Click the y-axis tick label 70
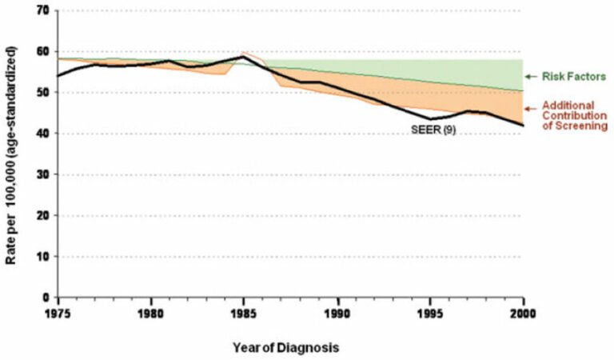pyautogui.click(x=42, y=10)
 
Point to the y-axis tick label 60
pyautogui.click(x=42, y=51)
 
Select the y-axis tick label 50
pyautogui.click(x=42, y=92)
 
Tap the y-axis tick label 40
pyautogui.click(x=42, y=134)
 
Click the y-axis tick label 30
pyautogui.click(x=42, y=174)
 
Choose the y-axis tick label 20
pyautogui.click(x=42, y=215)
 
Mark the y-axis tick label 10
pyautogui.click(x=42, y=257)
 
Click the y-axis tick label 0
pyautogui.click(x=45, y=298)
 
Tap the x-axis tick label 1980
pyautogui.click(x=152, y=313)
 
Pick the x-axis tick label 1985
pyautogui.click(x=245, y=313)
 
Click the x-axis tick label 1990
pyautogui.click(x=337, y=313)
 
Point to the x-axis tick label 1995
pyautogui.click(x=430, y=313)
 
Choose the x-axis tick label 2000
pyautogui.click(x=523, y=313)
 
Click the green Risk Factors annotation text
pyautogui.click(x=572, y=77)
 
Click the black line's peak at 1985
pyautogui.click(x=242, y=56)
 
